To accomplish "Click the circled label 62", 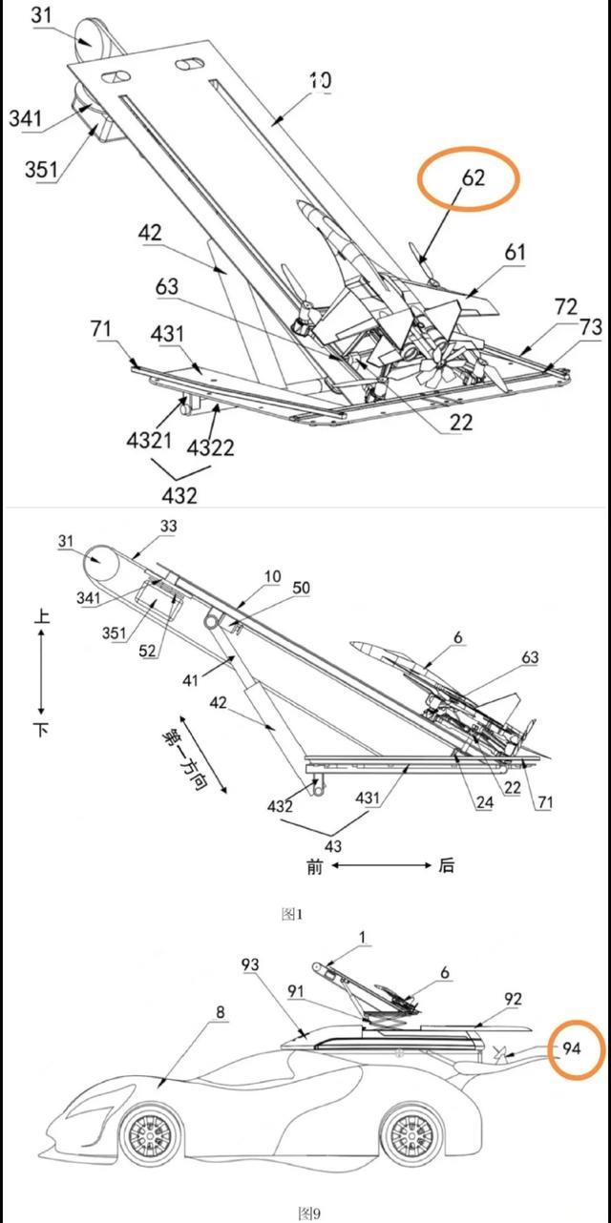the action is click(x=474, y=177).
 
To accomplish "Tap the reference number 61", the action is click(x=515, y=252).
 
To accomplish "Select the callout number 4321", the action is click(x=149, y=441).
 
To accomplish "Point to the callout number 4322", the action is click(x=210, y=448).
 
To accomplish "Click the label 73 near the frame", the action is click(x=591, y=327).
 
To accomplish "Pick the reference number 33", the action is click(x=168, y=526).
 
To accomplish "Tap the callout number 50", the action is click(x=301, y=588).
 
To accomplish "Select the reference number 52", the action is click(x=147, y=651).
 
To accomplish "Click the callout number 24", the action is click(x=484, y=802).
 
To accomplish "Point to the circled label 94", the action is click(x=571, y=1047).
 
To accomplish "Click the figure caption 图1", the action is click(x=292, y=914).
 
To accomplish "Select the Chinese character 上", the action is click(x=42, y=616).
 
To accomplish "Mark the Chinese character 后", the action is click(x=446, y=865).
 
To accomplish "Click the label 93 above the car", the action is click(x=250, y=964).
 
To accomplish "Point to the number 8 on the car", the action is click(x=220, y=1012).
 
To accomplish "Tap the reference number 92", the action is click(x=513, y=999).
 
